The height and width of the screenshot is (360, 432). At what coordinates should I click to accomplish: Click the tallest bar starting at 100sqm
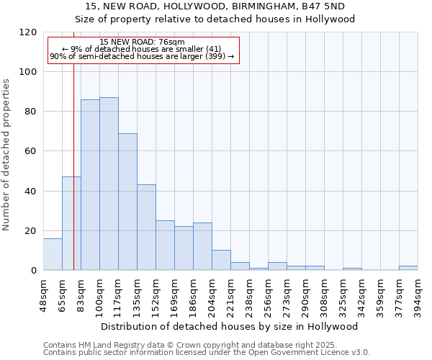tap(109, 184)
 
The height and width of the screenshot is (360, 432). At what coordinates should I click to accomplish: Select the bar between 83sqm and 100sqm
tap(90, 184)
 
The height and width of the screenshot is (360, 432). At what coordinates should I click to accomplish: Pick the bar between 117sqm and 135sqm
tap(127, 202)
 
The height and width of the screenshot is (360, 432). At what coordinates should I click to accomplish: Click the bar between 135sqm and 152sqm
tap(146, 228)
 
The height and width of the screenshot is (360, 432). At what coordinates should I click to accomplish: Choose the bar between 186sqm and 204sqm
tap(202, 246)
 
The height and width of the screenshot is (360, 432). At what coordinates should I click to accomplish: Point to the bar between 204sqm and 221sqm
tap(221, 260)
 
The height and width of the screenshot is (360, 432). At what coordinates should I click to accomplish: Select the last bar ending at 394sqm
tap(408, 268)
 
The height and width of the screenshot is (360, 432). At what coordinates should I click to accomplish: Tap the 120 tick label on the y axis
tap(28, 32)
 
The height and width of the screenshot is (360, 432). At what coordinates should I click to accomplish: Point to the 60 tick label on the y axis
tap(31, 151)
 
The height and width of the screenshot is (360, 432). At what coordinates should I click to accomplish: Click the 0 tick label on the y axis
tap(34, 271)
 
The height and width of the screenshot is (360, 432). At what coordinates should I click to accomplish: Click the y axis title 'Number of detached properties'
tap(6, 155)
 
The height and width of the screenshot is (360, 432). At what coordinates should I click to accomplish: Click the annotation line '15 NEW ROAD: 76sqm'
tap(143, 42)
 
